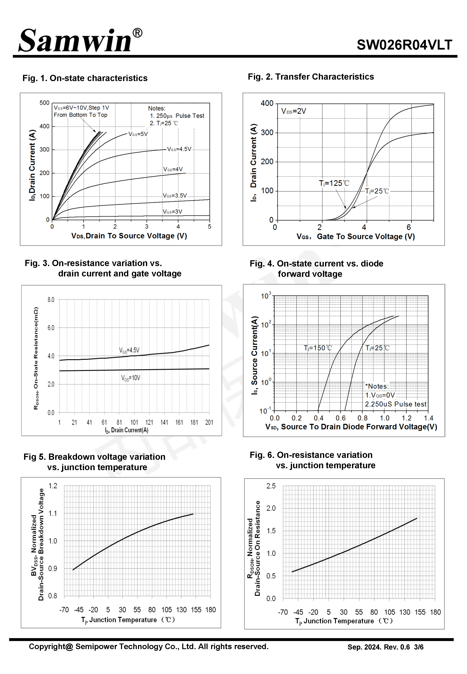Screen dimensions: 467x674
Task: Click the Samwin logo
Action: point(81,40)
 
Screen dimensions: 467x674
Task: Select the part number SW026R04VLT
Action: point(404,45)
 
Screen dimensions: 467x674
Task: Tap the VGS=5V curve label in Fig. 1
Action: point(138,134)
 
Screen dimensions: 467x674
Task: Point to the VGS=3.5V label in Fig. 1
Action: point(175,196)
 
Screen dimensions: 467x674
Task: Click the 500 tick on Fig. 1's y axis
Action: point(44,103)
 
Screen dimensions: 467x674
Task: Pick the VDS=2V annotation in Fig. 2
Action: point(293,111)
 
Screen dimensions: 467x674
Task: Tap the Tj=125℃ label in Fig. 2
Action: point(334,183)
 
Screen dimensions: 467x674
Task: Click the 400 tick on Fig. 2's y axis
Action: point(267,103)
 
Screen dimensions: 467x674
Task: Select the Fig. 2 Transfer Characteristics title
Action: point(311,77)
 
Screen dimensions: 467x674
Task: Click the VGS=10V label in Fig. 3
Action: point(131,378)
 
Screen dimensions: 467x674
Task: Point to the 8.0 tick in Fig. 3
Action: point(51,300)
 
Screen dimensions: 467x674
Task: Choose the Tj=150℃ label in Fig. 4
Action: point(318,348)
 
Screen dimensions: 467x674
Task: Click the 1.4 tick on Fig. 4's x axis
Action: point(428,418)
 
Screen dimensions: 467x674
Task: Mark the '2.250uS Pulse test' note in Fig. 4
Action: point(396,404)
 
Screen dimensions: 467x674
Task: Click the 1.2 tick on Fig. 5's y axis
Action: point(53,486)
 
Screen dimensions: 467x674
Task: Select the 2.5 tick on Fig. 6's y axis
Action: point(271,486)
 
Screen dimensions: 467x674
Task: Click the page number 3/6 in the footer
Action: point(419,647)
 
